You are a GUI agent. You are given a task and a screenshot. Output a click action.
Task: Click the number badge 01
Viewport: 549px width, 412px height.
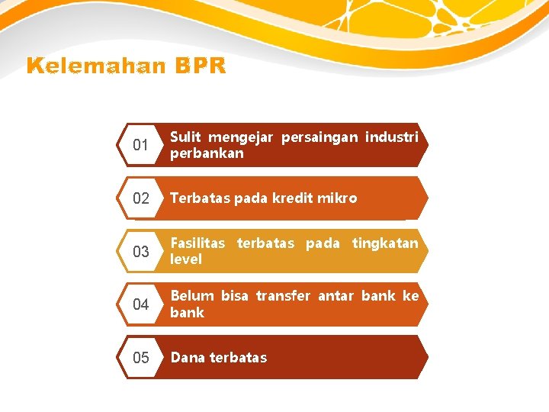click(x=140, y=145)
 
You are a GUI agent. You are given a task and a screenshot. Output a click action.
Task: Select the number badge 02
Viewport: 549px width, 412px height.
click(x=140, y=198)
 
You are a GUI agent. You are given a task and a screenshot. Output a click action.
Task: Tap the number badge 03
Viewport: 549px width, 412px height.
click(x=140, y=252)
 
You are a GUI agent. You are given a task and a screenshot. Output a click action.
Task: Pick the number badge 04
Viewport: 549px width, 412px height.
click(x=140, y=304)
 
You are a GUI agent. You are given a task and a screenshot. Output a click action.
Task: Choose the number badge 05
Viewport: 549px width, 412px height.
click(x=140, y=357)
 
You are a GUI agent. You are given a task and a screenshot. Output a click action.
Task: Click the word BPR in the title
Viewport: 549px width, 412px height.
click(x=200, y=66)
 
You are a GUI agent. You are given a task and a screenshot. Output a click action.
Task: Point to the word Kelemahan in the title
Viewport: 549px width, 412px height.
click(x=96, y=66)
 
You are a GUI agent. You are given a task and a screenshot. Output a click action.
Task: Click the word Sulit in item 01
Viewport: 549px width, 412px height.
click(x=185, y=137)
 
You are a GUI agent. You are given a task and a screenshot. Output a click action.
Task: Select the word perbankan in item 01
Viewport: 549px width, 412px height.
click(x=207, y=153)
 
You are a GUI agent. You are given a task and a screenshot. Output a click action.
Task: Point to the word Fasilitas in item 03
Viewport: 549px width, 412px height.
click(x=197, y=243)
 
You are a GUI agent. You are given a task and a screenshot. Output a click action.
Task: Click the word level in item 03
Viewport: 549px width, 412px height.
click(x=186, y=259)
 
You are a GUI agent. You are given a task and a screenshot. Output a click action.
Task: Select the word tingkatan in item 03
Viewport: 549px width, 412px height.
click(x=385, y=243)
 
